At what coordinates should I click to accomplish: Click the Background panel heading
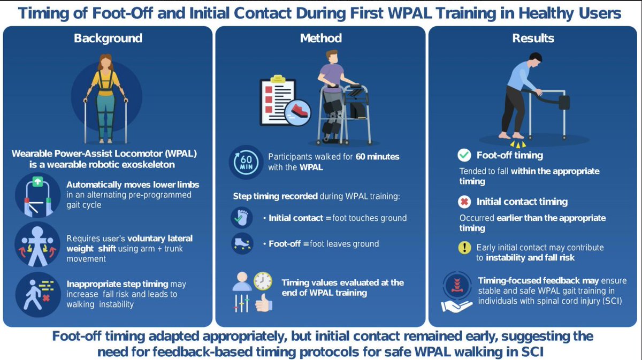pos(108,38)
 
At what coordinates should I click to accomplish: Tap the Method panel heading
pos(320,38)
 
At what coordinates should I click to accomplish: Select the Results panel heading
pos(533,38)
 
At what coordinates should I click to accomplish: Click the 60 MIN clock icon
pos(246,162)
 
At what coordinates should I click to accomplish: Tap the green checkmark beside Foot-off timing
pos(464,155)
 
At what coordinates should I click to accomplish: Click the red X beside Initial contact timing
pos(464,202)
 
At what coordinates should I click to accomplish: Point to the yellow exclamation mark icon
pos(464,247)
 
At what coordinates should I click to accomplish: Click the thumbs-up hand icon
pos(264,303)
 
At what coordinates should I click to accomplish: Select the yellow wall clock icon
pos(263,281)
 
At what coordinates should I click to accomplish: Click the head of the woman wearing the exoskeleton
pos(106,61)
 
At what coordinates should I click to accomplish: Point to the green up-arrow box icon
pos(37,181)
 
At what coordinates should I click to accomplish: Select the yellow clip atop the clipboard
pos(278,79)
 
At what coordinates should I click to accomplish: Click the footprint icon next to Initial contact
pos(242,218)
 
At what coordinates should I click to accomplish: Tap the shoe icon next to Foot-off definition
pos(242,243)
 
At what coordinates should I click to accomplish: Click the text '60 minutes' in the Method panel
pos(377,157)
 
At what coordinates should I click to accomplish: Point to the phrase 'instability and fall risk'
pos(530,258)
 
